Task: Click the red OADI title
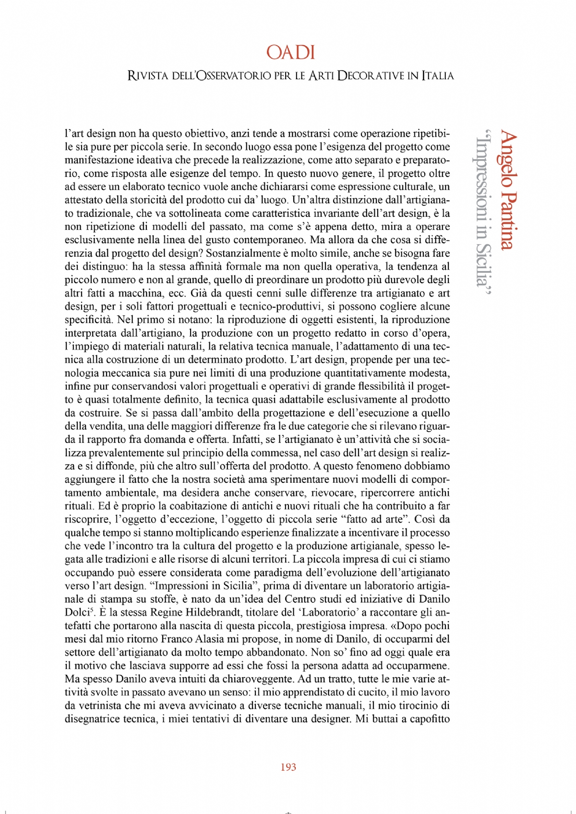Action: (290, 52)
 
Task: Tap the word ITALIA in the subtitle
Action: (438, 76)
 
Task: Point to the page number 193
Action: (288, 767)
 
